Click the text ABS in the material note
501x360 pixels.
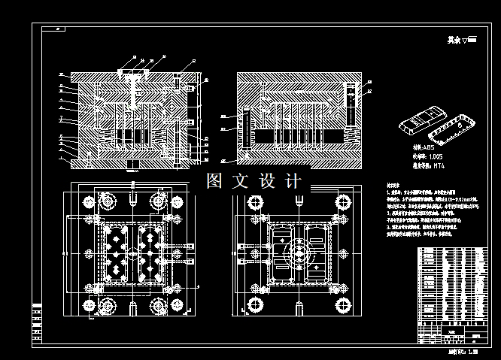(x=428, y=149)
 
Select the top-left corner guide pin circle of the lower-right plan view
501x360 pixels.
(x=253, y=201)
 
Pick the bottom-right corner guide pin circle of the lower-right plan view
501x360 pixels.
(x=345, y=305)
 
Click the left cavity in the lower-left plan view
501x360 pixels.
(x=115, y=256)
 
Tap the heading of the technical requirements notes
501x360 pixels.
(x=393, y=184)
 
